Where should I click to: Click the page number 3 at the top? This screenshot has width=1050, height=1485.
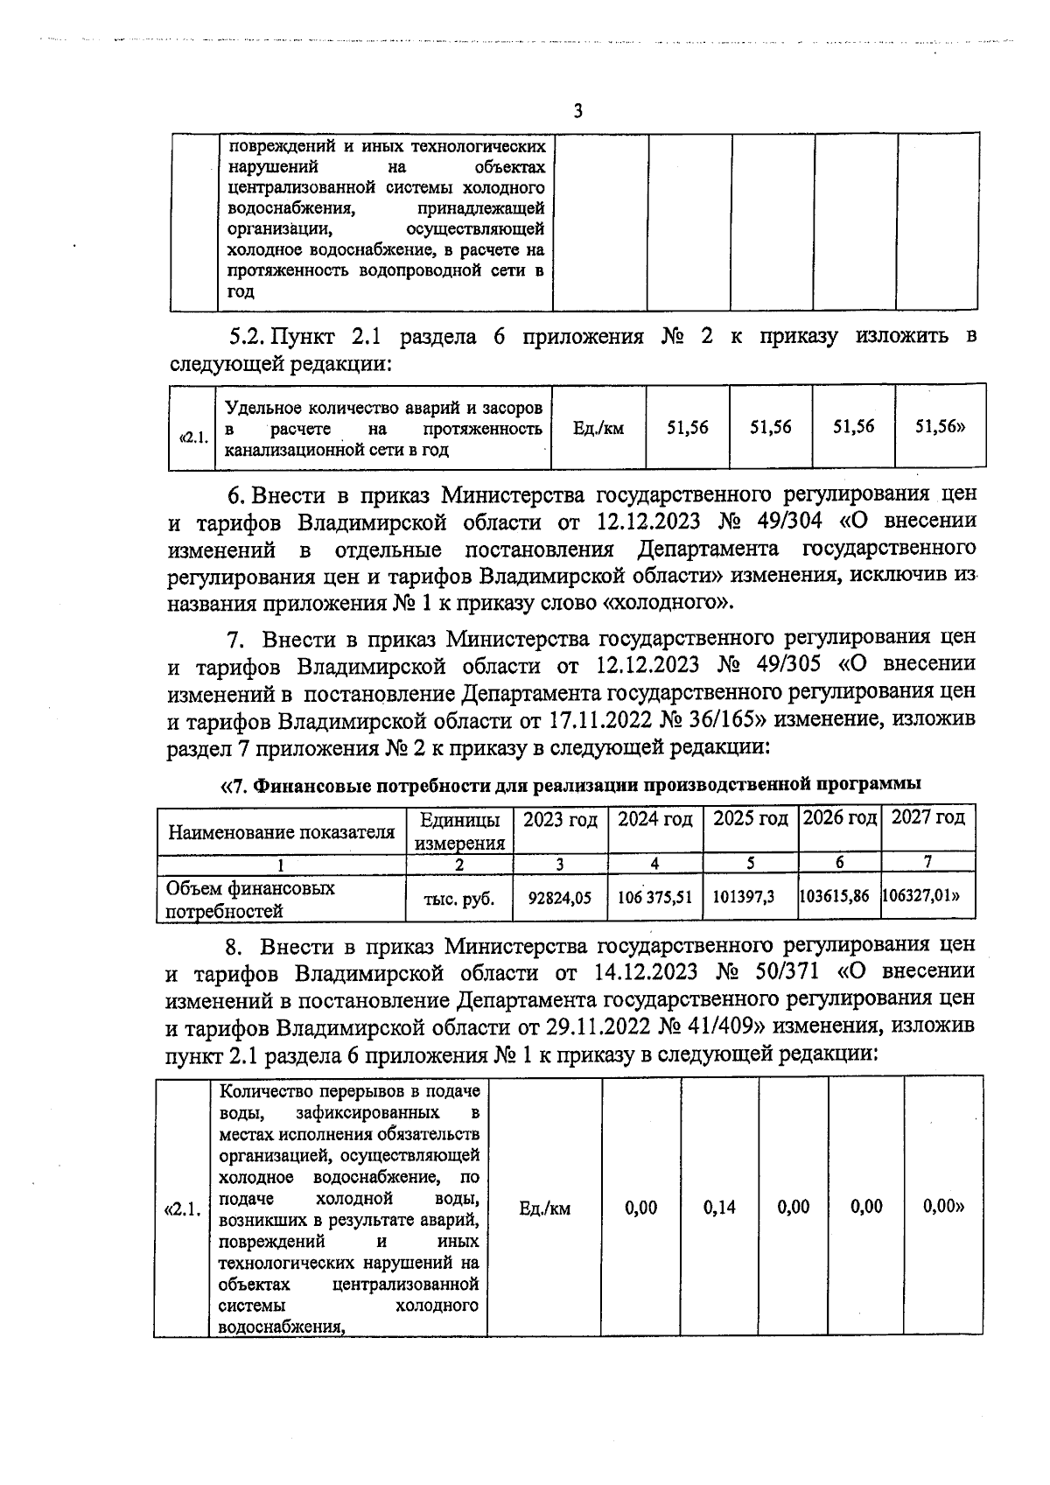[577, 112]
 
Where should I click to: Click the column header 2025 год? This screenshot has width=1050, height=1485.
[751, 820]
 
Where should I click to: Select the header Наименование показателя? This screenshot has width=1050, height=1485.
[281, 832]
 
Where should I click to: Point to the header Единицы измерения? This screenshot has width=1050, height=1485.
[461, 831]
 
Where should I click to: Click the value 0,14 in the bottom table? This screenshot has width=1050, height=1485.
[719, 1208]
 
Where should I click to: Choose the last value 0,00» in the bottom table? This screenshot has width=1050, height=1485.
[943, 1208]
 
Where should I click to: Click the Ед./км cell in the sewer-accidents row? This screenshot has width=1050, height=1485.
[598, 429]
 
